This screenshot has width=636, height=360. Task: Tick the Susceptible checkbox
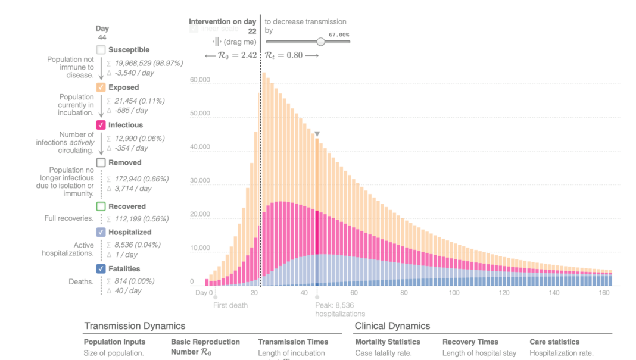point(101,50)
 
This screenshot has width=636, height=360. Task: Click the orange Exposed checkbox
point(101,87)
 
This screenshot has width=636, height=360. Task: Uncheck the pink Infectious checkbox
point(101,125)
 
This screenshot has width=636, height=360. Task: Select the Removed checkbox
point(101,162)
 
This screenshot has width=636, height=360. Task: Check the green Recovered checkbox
point(101,206)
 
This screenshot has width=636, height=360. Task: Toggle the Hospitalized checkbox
point(101,232)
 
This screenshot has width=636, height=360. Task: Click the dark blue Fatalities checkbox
point(101,269)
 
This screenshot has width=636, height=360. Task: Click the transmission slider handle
point(321,42)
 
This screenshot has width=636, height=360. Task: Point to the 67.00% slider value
point(339,35)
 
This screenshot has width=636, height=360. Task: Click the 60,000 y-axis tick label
point(199,79)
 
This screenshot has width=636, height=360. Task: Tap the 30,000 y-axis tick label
point(199,180)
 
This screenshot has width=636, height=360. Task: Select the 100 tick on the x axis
point(454,293)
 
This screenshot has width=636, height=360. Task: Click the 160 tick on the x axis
point(604,293)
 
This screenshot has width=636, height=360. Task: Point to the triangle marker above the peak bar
point(317,134)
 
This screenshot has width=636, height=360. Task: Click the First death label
point(230,305)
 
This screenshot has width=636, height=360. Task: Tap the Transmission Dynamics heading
point(135,326)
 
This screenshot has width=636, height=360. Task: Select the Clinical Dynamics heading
point(392,326)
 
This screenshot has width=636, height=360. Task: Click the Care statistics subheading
point(554,342)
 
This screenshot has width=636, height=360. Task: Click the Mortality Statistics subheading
point(388,342)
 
